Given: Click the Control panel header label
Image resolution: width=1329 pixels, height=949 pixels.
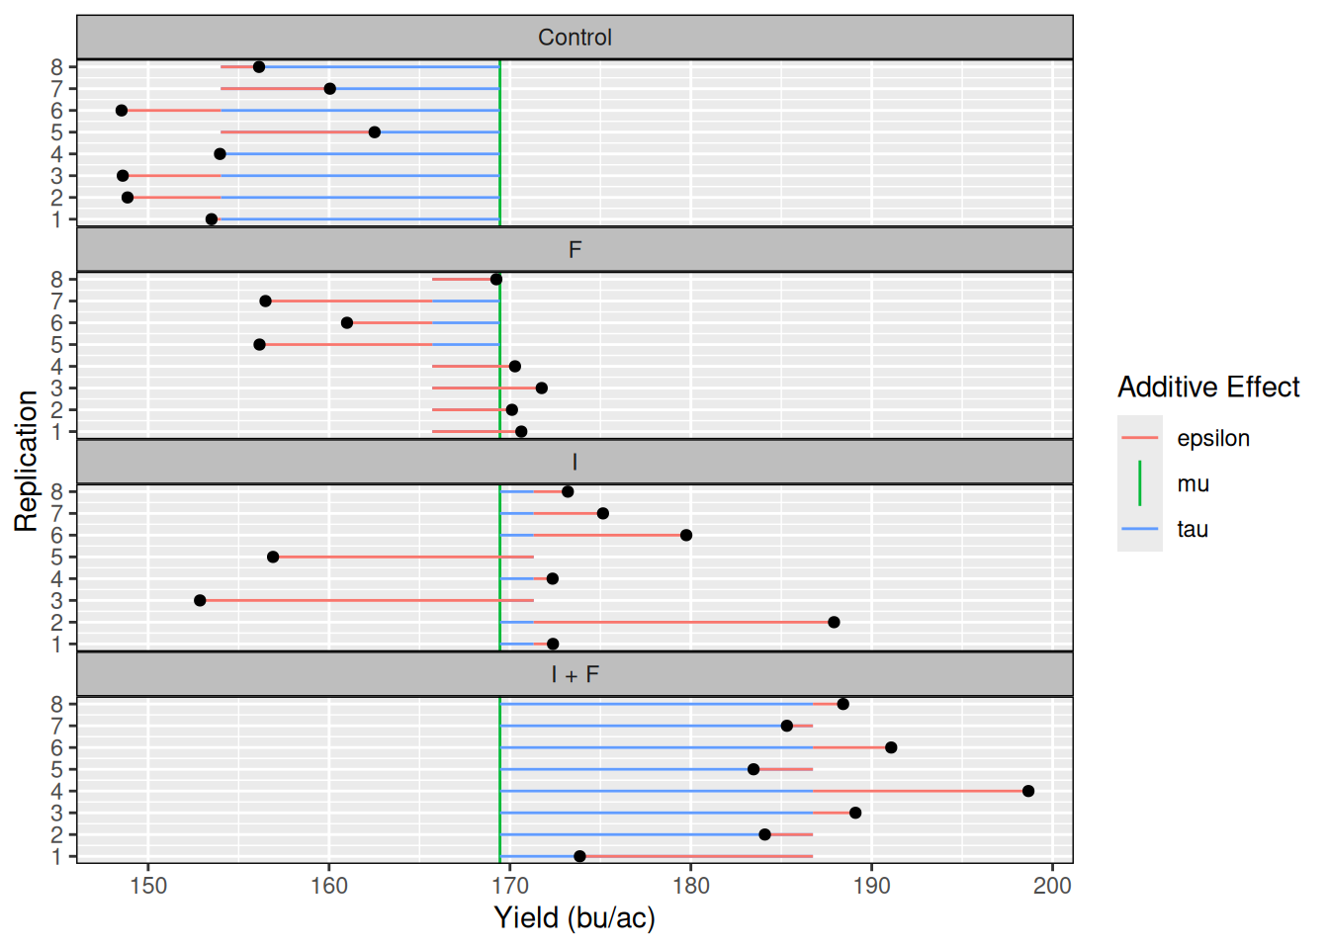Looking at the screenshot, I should [575, 38].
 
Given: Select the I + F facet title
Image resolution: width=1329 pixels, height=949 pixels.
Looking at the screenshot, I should [575, 675].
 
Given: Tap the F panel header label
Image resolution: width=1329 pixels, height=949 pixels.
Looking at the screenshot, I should [575, 250].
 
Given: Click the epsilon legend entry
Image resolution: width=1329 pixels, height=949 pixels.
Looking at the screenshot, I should [1212, 438].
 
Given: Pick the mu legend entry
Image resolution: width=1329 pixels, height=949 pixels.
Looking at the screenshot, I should [1193, 483].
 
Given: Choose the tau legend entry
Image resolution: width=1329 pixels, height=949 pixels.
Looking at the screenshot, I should [1193, 529].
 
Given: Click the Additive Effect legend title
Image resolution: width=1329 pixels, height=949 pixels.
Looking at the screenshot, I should [1208, 387].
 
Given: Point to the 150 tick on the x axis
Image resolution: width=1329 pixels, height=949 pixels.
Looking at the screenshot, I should [148, 885].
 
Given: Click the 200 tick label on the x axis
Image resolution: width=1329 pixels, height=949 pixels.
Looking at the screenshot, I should [1052, 885].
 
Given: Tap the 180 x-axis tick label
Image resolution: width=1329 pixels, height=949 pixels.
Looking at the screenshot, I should [690, 885].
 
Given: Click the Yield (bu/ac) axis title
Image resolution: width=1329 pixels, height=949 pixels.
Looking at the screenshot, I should [575, 918].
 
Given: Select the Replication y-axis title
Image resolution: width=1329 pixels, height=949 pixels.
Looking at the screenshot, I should [26, 462].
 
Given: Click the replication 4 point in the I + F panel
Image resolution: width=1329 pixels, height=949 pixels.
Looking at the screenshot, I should [1028, 791].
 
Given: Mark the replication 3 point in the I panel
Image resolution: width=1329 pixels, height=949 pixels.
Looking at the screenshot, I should [200, 600].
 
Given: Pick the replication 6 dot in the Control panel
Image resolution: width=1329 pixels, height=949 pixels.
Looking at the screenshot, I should [122, 111].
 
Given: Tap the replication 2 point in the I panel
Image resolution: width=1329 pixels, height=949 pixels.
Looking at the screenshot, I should [834, 622].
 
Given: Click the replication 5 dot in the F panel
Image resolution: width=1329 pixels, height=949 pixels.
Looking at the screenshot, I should [259, 344].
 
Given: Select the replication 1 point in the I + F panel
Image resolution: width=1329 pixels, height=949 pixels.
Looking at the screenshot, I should [579, 856].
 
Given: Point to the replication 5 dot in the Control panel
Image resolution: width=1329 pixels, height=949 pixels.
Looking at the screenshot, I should [374, 132].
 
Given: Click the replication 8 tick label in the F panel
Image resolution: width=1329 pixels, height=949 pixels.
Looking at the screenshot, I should [57, 280].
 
